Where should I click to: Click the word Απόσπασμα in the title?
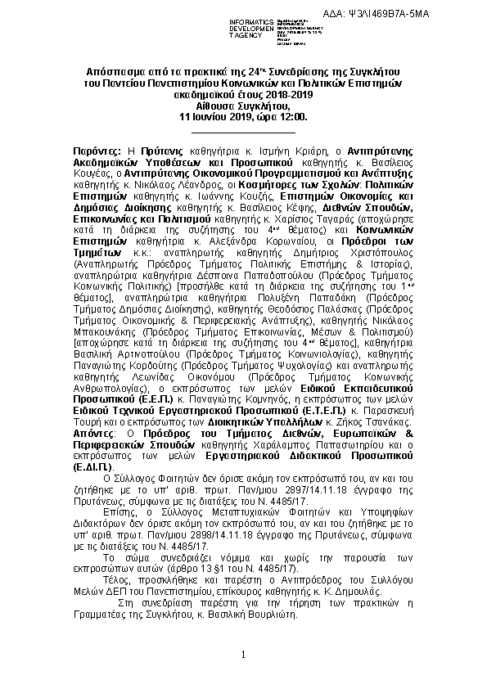(x=114, y=72)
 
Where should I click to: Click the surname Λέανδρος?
(x=183, y=186)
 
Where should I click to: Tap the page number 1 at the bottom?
(x=243, y=654)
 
